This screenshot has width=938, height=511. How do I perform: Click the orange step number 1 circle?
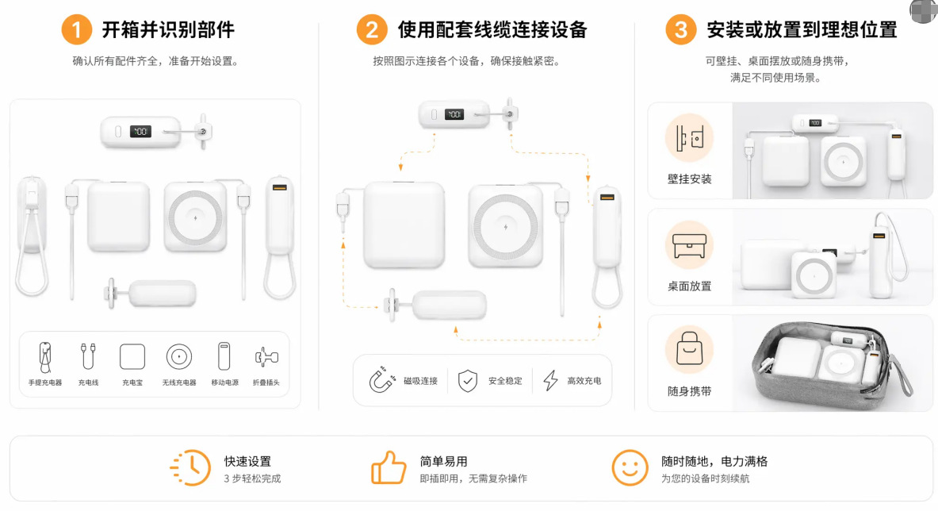tap(77, 29)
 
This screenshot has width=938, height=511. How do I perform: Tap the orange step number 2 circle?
tap(372, 29)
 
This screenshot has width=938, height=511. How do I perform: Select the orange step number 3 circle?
tap(681, 29)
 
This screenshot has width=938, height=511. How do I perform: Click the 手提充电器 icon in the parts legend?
tap(45, 357)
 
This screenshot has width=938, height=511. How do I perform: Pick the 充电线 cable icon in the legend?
tap(88, 356)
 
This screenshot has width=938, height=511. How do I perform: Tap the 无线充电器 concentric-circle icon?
tap(179, 357)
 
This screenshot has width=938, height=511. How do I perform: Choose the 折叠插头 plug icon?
tap(266, 357)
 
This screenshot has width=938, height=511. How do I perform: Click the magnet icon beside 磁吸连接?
tap(381, 380)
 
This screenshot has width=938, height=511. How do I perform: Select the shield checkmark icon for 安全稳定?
tap(467, 381)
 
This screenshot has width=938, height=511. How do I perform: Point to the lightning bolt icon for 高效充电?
tap(550, 381)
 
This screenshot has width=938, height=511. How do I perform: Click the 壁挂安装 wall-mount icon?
tap(689, 137)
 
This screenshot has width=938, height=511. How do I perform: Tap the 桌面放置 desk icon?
tap(689, 245)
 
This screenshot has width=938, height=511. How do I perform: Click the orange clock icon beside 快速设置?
tap(191, 468)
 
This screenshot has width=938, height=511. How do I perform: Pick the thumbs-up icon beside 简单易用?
tap(389, 467)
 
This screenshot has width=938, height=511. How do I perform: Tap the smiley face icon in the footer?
tap(630, 468)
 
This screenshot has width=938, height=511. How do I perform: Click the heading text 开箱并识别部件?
tap(168, 29)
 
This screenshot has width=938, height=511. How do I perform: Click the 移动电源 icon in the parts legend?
tap(224, 356)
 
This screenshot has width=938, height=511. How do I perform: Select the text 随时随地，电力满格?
tap(714, 461)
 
